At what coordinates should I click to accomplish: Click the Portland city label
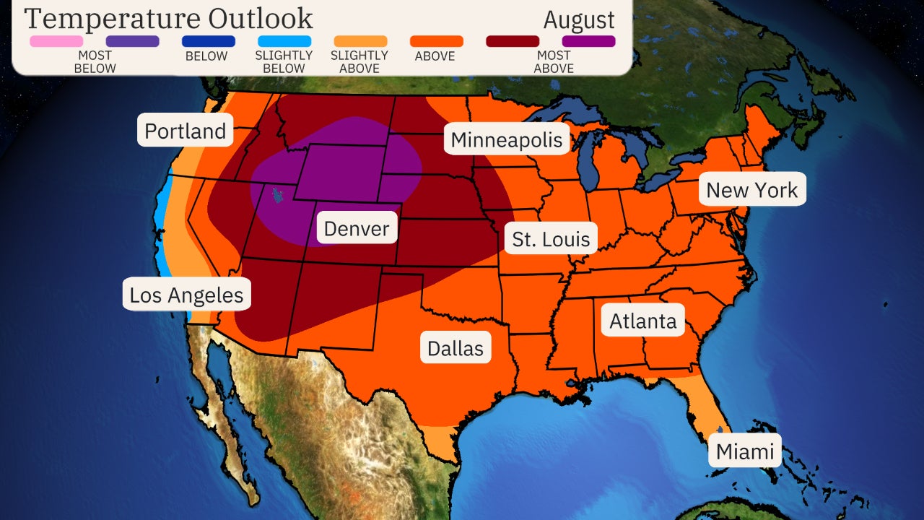(186, 131)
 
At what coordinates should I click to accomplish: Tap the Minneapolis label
(507, 139)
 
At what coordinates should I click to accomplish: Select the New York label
(751, 190)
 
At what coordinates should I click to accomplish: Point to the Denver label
(357, 229)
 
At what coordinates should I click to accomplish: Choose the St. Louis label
(551, 239)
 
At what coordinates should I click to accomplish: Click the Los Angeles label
(186, 295)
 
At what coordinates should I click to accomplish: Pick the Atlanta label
(643, 321)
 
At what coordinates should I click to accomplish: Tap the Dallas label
(456, 347)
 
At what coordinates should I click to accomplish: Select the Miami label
(745, 452)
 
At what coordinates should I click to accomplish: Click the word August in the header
(579, 19)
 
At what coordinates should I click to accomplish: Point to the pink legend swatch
(56, 41)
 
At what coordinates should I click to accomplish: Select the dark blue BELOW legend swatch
(209, 41)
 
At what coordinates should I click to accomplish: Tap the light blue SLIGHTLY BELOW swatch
(284, 41)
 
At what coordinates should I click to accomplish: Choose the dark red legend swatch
(513, 41)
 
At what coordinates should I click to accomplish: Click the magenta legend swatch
(588, 41)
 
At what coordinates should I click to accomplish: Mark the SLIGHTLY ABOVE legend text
(359, 61)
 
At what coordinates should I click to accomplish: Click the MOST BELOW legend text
(95, 61)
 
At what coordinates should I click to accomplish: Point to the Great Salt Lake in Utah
(276, 194)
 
